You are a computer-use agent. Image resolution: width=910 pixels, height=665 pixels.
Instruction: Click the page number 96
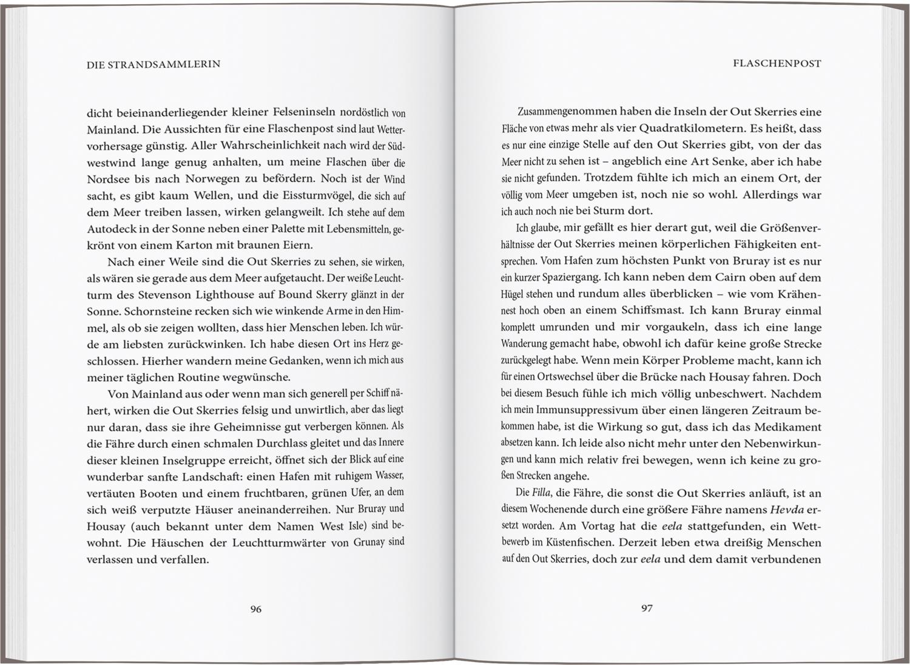(255, 609)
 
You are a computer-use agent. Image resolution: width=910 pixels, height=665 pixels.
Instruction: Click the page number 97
(647, 608)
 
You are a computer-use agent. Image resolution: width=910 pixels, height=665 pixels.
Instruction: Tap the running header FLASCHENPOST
(777, 64)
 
